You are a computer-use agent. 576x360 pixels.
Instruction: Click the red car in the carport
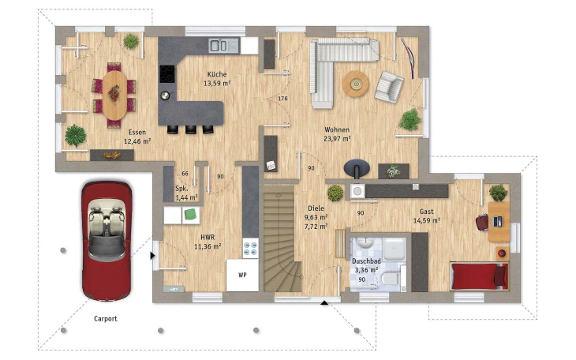pos(107,241)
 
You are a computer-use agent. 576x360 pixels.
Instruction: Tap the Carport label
pos(106,319)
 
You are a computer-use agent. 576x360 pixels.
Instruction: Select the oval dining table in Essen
pos(114,95)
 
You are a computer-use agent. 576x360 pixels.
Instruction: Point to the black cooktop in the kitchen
pos(167,74)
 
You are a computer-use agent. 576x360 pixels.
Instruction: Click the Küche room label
pos(217,74)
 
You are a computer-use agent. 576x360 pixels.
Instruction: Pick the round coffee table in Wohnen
pos(356,84)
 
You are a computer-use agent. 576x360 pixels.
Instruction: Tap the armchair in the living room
pos(389,87)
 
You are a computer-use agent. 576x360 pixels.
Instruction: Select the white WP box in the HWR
pos(242,276)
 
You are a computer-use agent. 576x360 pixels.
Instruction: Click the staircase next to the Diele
pos(281,238)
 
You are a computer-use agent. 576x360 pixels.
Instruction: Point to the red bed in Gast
pos(480,276)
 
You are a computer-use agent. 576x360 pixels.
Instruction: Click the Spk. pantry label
pos(181,188)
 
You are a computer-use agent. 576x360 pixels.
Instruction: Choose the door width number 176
pos(282,99)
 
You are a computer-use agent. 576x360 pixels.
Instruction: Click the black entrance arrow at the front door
pos(324,302)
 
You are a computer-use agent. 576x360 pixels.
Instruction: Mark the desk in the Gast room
pos(499,221)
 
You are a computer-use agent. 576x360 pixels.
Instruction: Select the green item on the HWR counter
pos(190,214)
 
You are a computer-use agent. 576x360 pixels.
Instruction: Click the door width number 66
pos(185,174)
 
